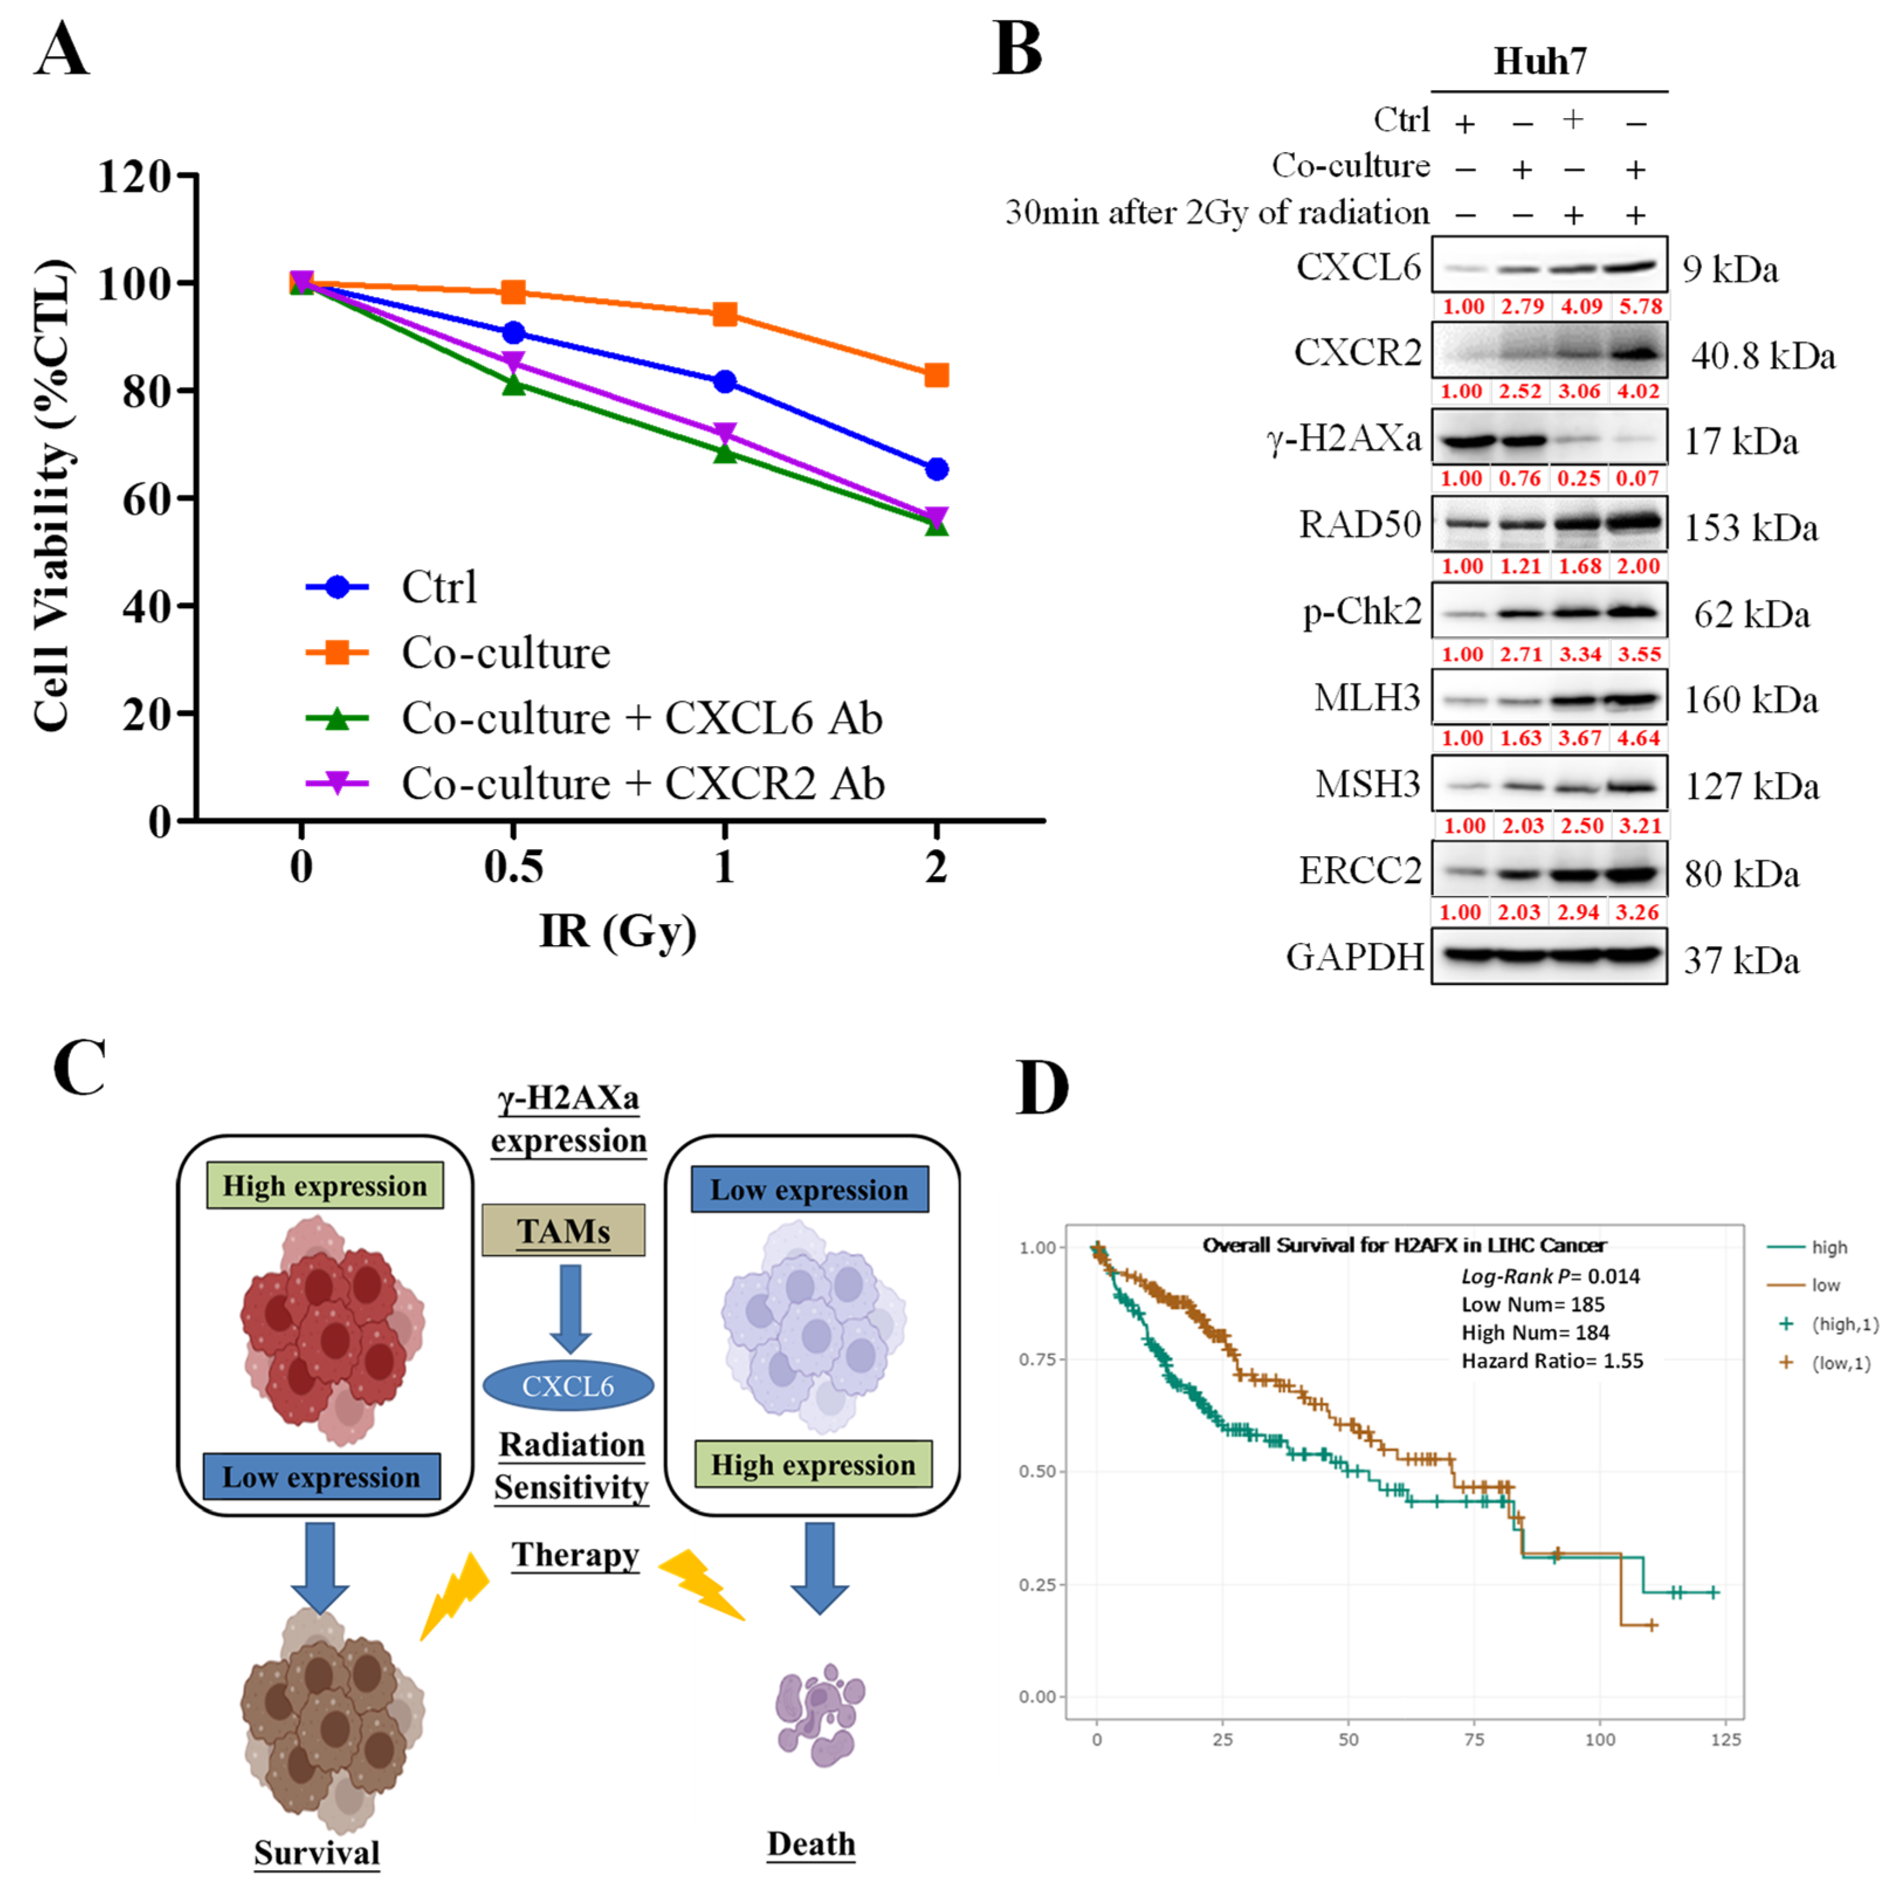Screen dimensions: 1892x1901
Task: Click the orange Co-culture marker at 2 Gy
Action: (936, 375)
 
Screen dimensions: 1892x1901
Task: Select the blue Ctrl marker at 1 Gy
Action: (724, 381)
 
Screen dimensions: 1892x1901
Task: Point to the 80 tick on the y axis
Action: (147, 391)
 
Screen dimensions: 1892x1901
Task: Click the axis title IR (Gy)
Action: (617, 930)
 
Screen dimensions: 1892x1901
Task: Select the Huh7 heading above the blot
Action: (1540, 61)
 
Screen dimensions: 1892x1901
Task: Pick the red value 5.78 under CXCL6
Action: (1640, 306)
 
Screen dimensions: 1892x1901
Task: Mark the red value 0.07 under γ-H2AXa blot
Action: (1637, 479)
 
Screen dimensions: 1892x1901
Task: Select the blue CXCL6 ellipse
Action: (568, 1386)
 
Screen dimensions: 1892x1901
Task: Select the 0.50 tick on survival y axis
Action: (1038, 1472)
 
